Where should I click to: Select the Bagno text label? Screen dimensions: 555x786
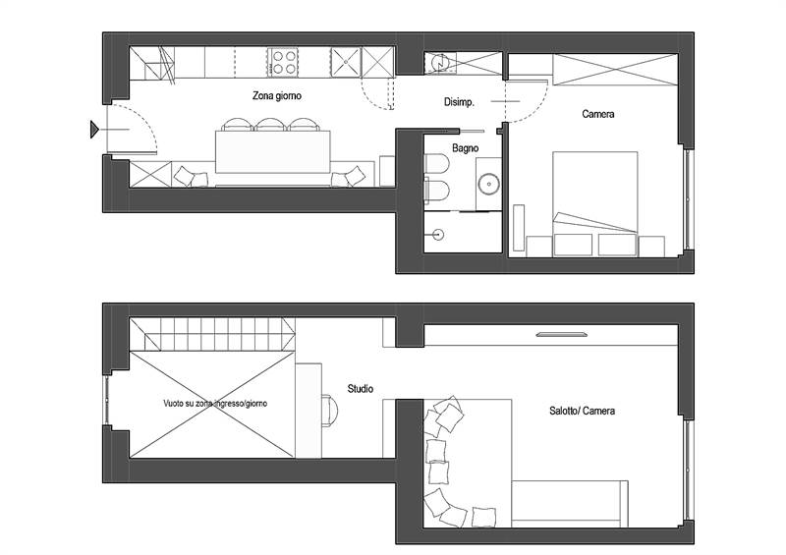click(465, 148)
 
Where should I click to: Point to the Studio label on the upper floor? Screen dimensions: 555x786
click(360, 389)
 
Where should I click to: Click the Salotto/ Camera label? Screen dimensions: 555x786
click(583, 411)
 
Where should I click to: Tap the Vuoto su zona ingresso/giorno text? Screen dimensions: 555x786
click(214, 404)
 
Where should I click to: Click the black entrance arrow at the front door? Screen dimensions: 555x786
click(94, 128)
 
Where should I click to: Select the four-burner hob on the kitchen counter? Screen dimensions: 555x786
click(285, 62)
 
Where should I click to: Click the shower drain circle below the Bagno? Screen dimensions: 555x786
click(438, 235)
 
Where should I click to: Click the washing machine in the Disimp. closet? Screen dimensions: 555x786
click(440, 63)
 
